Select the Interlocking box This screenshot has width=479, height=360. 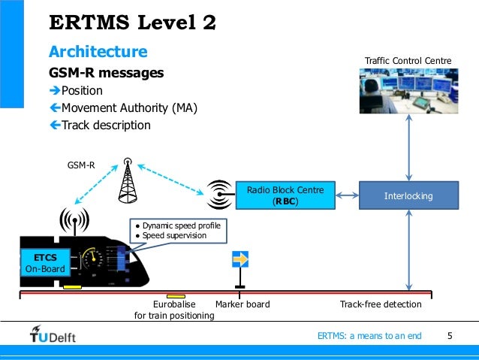408,196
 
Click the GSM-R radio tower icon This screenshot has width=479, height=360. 128,181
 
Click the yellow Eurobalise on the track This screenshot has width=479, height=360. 176,295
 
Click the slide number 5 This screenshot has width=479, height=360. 450,335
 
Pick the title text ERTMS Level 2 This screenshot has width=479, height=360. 132,23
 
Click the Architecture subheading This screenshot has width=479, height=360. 98,52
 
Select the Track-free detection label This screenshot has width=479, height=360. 381,304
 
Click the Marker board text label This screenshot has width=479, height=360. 242,304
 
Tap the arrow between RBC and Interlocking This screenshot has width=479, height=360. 346,195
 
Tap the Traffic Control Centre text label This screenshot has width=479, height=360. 408,59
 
